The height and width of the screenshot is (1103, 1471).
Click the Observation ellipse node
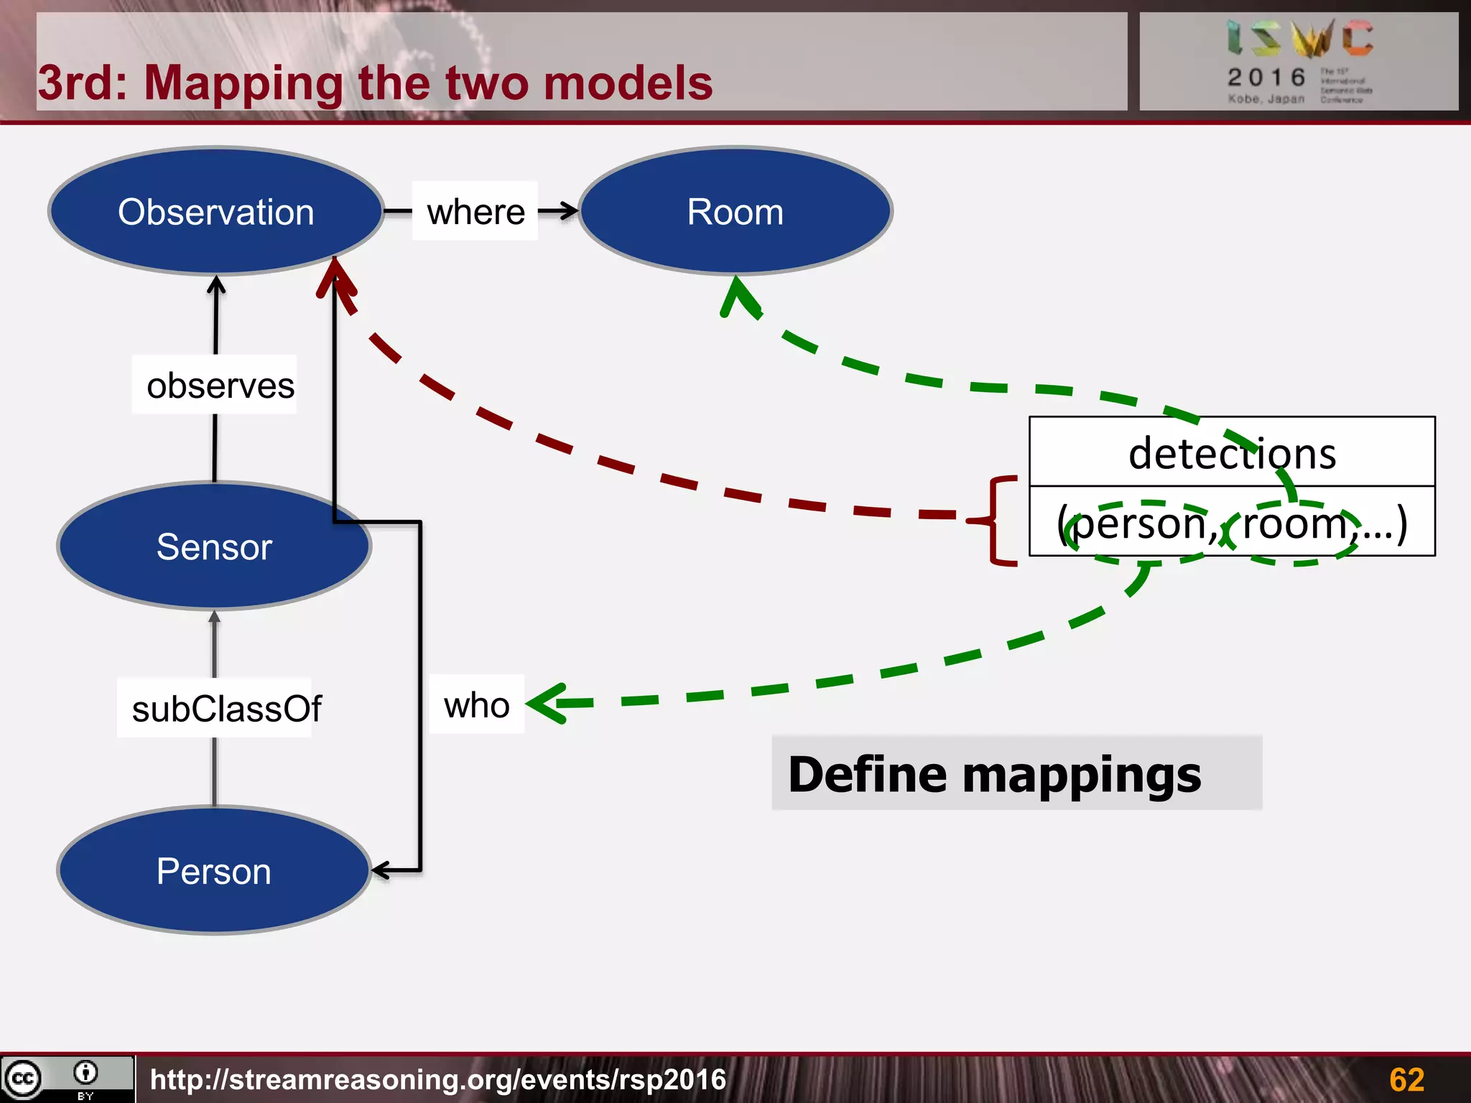[x=215, y=212]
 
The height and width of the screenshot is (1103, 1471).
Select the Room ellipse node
[x=735, y=212]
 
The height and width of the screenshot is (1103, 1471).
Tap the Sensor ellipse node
[x=214, y=546]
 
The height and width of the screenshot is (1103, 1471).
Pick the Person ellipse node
[x=214, y=871]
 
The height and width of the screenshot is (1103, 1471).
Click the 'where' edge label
[x=475, y=212]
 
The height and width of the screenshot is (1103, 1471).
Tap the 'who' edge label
[x=476, y=705]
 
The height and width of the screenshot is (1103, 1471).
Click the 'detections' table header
[x=1232, y=453]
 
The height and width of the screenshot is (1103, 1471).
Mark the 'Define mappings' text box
[x=1016, y=774]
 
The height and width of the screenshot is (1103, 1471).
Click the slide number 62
[x=1406, y=1079]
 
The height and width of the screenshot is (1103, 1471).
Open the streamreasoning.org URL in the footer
[x=438, y=1079]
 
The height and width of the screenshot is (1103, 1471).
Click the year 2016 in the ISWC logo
[x=1266, y=77]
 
